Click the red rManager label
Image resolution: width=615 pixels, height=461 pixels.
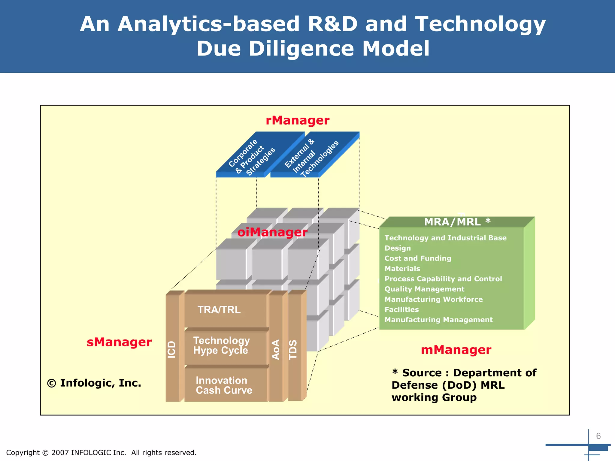point(297,121)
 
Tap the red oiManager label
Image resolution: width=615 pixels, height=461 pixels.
point(272,232)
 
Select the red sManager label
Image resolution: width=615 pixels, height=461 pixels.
point(119,342)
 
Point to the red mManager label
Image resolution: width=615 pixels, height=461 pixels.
point(456,350)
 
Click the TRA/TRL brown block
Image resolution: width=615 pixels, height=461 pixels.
point(219,310)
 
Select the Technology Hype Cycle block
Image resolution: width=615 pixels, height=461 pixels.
point(221,346)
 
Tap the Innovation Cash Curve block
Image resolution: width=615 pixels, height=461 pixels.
point(224,385)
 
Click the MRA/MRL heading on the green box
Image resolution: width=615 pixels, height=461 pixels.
point(456,222)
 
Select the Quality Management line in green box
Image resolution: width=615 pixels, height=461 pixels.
point(424,289)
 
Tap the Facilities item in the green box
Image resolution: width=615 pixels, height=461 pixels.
point(401,309)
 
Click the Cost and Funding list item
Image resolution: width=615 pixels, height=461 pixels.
point(418,258)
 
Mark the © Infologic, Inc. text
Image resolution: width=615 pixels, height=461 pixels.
point(94,383)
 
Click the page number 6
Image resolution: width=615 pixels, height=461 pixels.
point(598,436)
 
